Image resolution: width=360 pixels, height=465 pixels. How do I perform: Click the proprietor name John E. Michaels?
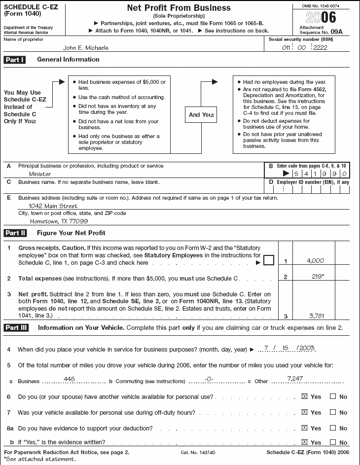pyautogui.click(x=86, y=48)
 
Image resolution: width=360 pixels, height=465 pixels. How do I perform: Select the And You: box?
pyautogui.click(x=200, y=114)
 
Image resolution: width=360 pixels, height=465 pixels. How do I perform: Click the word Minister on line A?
pyautogui.click(x=39, y=174)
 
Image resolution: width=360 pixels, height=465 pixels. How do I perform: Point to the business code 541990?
pyautogui.click(x=319, y=174)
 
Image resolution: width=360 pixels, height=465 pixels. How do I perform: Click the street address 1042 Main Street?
pyautogui.click(x=53, y=206)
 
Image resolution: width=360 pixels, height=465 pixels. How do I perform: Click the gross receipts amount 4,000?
pyautogui.click(x=315, y=259)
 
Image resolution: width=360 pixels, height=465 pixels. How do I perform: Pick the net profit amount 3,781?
pyautogui.click(x=315, y=315)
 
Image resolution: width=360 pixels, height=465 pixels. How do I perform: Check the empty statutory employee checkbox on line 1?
pyautogui.click(x=268, y=260)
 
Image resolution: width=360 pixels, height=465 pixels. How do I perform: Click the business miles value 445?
pyautogui.click(x=70, y=380)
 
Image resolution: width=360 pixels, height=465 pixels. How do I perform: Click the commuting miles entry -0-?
pyautogui.click(x=209, y=380)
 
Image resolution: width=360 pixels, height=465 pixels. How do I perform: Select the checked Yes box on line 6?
pyautogui.click(x=304, y=396)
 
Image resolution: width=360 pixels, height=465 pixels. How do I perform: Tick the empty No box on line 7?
pyautogui.click(x=333, y=412)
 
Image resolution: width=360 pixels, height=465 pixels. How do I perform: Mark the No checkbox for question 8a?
pyautogui.click(x=333, y=428)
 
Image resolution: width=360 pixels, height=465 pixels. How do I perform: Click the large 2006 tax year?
pyautogui.click(x=322, y=18)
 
